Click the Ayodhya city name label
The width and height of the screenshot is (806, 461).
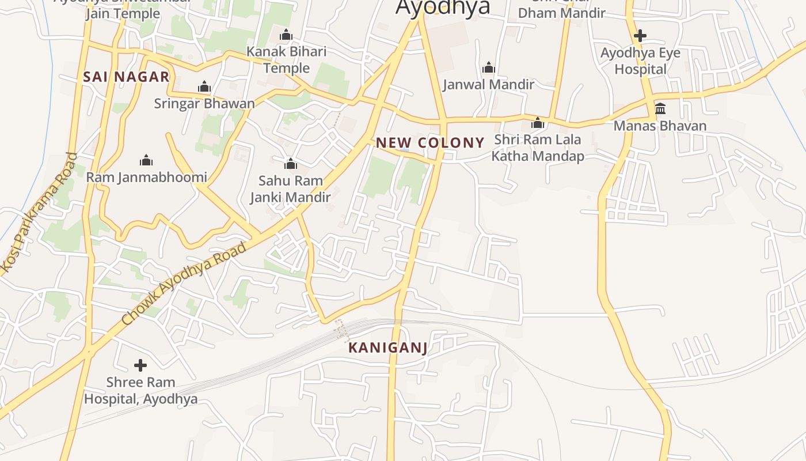tap(443, 7)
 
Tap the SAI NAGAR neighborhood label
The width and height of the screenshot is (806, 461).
tap(126, 77)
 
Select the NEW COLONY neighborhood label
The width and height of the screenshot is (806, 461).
tap(430, 142)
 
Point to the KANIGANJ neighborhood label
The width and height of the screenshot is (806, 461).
tap(388, 347)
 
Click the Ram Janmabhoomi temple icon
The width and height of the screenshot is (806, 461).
tap(146, 160)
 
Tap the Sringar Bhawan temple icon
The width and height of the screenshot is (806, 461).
tap(204, 87)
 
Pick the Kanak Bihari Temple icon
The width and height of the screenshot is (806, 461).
tap(286, 35)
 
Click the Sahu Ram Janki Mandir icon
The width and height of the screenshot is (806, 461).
tap(291, 164)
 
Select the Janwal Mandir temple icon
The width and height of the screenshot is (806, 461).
tap(489, 68)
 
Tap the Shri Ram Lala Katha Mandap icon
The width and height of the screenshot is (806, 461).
tap(538, 123)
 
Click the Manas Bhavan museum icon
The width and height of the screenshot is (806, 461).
tap(660, 109)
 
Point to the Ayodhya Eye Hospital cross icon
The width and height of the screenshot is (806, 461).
tap(640, 36)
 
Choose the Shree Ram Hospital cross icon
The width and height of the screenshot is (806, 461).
tap(140, 365)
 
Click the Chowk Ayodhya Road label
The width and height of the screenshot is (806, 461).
tap(184, 284)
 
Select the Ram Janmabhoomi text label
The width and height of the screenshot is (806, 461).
tap(146, 177)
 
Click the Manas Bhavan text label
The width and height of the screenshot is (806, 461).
tap(660, 126)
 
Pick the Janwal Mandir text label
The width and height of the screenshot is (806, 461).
tap(489, 85)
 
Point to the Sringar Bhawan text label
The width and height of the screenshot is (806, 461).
tap(204, 104)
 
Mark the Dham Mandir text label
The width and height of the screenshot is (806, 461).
tap(562, 13)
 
